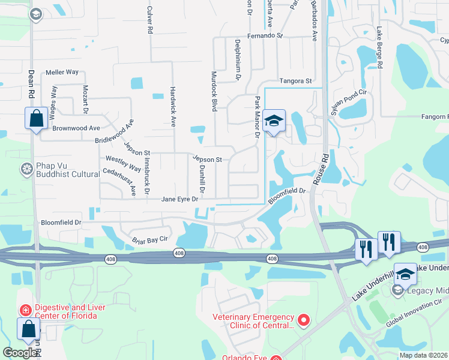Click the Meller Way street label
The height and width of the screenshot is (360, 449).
tap(62, 72)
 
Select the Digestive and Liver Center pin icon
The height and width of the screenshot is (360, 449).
tap(25, 310)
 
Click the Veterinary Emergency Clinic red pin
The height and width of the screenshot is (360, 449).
tap(303, 322)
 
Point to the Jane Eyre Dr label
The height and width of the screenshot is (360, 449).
tap(179, 199)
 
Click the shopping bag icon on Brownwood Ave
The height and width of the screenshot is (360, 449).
tap(36, 118)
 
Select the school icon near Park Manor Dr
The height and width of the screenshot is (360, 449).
tap(273, 122)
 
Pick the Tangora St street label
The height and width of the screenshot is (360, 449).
tap(296, 80)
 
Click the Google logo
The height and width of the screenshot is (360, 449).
tap(20, 353)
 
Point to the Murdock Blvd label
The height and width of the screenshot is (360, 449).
tap(213, 92)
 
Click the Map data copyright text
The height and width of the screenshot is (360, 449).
tap(423, 355)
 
